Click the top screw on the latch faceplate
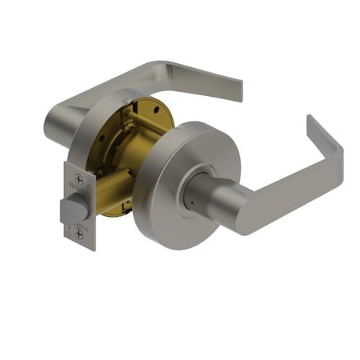(78, 180)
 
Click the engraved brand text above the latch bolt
(78, 192)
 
